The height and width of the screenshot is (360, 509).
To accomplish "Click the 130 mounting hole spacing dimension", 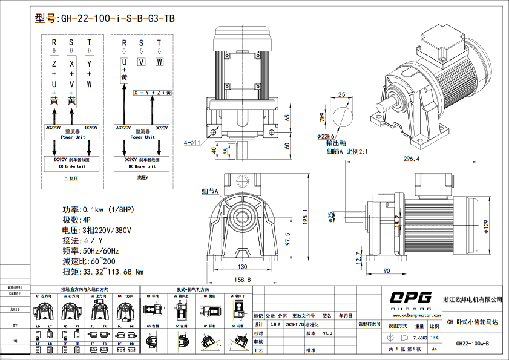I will [x=241, y=267].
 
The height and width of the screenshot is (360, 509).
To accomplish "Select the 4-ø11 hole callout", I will [x=192, y=143].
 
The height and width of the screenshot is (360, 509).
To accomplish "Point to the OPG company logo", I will [x=410, y=297].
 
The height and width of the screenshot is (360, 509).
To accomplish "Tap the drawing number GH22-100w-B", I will [x=471, y=343].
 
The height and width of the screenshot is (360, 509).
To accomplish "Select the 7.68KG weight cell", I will [x=419, y=338].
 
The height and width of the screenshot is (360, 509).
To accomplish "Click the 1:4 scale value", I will [x=435, y=338].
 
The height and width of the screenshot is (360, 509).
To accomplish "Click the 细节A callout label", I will [x=209, y=191].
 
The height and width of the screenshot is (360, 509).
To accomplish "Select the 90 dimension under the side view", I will [x=386, y=270].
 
